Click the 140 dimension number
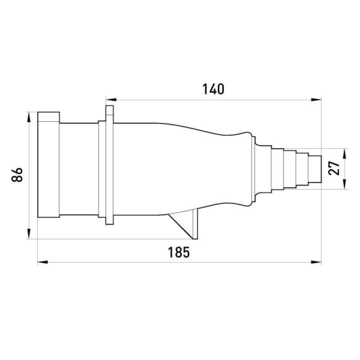[213, 89]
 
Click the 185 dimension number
[179, 252]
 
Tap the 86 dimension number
[17, 175]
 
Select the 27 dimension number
[334, 168]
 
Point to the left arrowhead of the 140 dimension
[111, 99]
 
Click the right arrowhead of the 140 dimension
[316, 99]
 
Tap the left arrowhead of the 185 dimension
[43, 262]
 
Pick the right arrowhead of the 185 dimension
[316, 262]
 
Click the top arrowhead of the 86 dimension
[28, 117]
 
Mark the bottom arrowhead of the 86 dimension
[28, 234]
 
